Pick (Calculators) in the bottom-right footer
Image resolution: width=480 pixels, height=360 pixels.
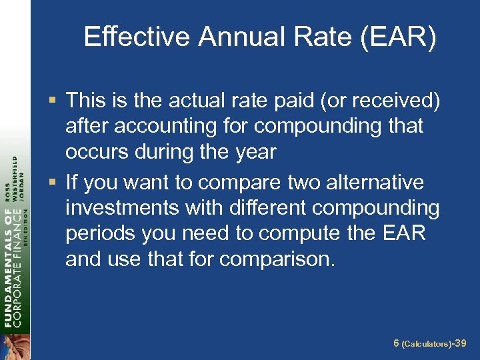click(427, 343)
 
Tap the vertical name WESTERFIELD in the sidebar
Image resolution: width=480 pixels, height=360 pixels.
click(15, 172)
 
